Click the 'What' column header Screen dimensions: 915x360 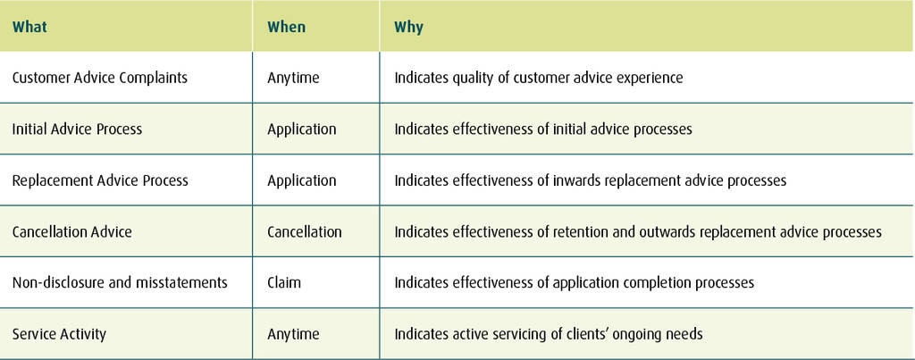pyautogui.click(x=29, y=27)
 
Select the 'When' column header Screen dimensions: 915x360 pyautogui.click(x=287, y=27)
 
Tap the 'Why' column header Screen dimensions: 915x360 pyautogui.click(x=408, y=28)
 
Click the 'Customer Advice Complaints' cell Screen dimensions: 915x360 pyautogui.click(x=100, y=78)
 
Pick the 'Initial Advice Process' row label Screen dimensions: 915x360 pyautogui.click(x=77, y=129)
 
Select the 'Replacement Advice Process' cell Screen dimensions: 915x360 pyautogui.click(x=100, y=180)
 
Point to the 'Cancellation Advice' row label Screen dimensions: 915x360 pyautogui.click(x=71, y=231)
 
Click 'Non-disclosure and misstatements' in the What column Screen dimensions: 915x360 pyautogui.click(x=120, y=283)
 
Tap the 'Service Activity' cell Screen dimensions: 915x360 pyautogui.click(x=59, y=335)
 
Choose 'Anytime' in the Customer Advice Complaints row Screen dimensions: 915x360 pyautogui.click(x=293, y=78)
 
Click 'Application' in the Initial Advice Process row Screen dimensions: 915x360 pyautogui.click(x=302, y=130)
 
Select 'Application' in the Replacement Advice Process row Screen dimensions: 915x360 pyautogui.click(x=302, y=180)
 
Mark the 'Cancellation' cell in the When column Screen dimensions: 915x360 pyautogui.click(x=305, y=231)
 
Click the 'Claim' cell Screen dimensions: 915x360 pyautogui.click(x=284, y=283)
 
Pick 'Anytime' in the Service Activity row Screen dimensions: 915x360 pyautogui.click(x=293, y=335)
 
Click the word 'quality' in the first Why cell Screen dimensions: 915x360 pyautogui.click(x=472, y=79)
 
